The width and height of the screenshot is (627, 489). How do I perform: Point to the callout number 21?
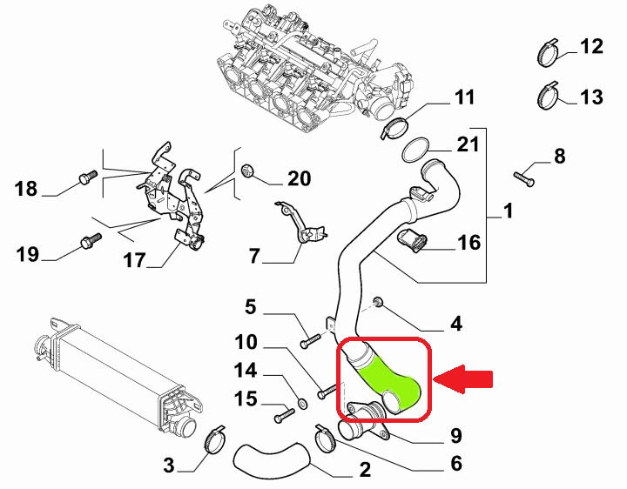pyautogui.click(x=468, y=143)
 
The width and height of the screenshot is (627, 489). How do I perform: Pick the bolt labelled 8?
pyautogui.click(x=523, y=176)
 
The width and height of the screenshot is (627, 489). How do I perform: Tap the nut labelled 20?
pyautogui.click(x=247, y=170)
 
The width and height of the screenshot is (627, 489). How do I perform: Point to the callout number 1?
pyautogui.click(x=508, y=212)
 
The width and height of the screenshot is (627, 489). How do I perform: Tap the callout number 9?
pyautogui.click(x=455, y=434)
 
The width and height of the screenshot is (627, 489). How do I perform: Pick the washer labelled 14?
pyautogui.click(x=300, y=403)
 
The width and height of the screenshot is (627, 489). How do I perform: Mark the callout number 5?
pyautogui.click(x=250, y=306)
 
